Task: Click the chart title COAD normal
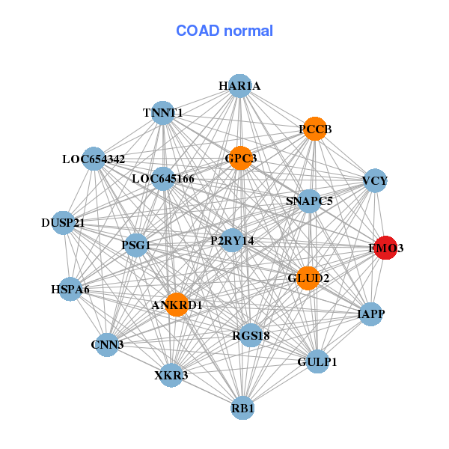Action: tap(224, 31)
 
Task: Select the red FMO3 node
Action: tap(385, 248)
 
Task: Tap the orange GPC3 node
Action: tap(240, 158)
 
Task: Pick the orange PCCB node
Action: tap(315, 129)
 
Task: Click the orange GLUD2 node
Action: tap(308, 278)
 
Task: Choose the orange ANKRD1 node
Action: tap(177, 305)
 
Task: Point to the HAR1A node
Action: tap(239, 86)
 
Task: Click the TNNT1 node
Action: tap(163, 113)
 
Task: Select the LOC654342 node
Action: tap(94, 159)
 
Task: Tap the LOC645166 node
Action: tap(163, 179)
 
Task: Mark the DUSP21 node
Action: tap(63, 223)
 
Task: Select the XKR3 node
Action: tap(171, 374)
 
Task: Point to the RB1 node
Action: tap(242, 408)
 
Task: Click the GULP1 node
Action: tap(317, 361)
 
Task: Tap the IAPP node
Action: tap(371, 314)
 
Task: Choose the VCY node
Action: tap(374, 181)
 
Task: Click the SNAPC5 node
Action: tap(309, 201)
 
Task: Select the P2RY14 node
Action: tap(232, 240)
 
